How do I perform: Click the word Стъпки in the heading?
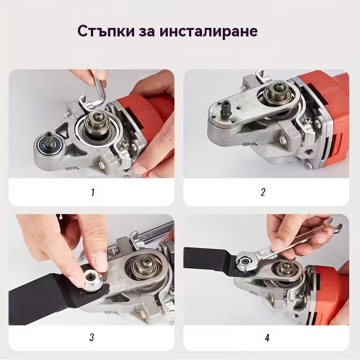pos(106,31)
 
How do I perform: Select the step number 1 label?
pos(93,193)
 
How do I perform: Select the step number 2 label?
pos(263,192)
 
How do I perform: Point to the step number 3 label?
pos(92,337)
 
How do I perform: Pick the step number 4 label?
pos(267,337)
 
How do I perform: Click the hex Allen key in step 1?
pos(99,92)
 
